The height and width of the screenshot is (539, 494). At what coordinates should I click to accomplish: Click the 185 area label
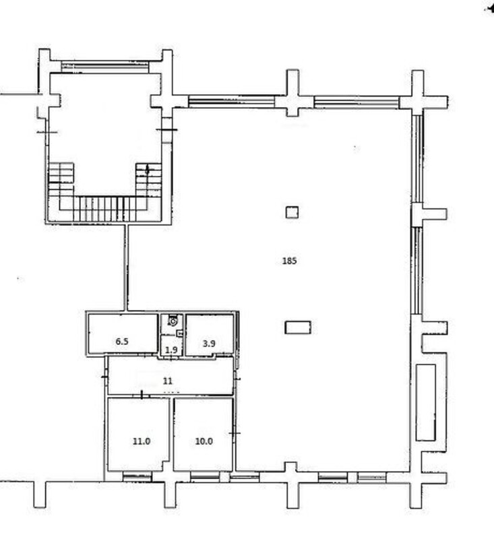[289, 261]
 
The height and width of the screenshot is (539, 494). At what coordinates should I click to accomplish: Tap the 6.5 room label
[122, 342]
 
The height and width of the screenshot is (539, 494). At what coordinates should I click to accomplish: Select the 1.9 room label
[171, 350]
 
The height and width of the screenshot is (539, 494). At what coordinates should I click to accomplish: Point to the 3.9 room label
[209, 343]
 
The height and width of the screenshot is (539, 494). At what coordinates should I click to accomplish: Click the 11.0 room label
[142, 441]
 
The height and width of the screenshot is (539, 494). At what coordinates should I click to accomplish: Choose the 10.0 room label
[204, 441]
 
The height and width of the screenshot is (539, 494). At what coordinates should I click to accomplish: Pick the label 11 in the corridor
[167, 381]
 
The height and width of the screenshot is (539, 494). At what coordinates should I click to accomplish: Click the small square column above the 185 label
[292, 212]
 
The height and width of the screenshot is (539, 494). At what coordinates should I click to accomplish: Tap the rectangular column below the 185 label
[298, 327]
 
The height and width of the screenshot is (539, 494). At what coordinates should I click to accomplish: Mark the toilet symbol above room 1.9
[173, 321]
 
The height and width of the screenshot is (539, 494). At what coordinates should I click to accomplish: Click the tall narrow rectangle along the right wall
[426, 402]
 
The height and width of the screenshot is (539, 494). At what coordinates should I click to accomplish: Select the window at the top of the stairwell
[105, 67]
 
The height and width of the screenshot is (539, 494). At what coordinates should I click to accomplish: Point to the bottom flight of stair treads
[105, 209]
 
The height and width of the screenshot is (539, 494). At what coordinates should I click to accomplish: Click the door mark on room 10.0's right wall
[235, 433]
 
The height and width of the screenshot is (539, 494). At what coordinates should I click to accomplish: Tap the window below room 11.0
[137, 477]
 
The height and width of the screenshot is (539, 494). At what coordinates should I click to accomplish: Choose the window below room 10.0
[205, 477]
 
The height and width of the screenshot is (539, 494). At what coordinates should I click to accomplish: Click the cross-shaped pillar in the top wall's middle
[292, 93]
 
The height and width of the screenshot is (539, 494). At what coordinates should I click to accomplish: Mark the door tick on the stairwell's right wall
[166, 129]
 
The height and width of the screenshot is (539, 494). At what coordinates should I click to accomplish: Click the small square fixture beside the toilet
[179, 333]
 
